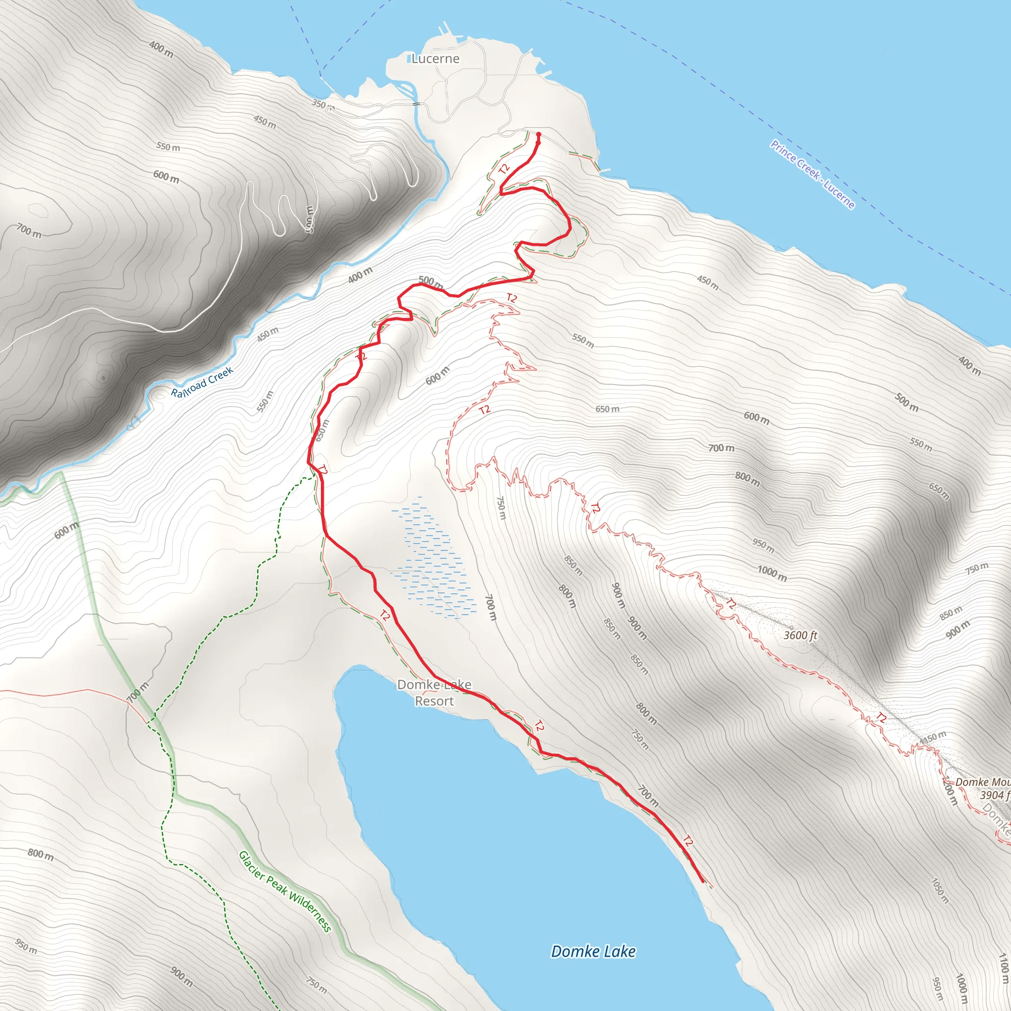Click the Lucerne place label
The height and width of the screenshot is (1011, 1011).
435,59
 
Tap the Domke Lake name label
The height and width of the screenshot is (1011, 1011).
593,951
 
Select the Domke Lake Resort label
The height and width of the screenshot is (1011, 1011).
434,692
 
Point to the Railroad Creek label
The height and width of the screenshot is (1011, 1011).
202,382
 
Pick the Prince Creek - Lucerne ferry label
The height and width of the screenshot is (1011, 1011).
812,174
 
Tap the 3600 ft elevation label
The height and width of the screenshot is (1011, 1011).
800,635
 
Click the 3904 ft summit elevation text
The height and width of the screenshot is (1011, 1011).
994,795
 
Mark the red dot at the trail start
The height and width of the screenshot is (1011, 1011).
539,134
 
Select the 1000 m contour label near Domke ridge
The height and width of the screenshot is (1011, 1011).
772,574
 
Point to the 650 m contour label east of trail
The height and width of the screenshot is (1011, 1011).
607,409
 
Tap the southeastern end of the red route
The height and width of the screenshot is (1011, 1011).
702,882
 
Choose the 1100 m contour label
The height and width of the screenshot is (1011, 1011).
1003,968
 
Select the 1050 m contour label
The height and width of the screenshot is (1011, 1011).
940,890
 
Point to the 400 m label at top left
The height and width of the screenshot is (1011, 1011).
161,49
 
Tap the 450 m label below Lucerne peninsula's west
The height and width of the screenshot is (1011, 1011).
265,122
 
